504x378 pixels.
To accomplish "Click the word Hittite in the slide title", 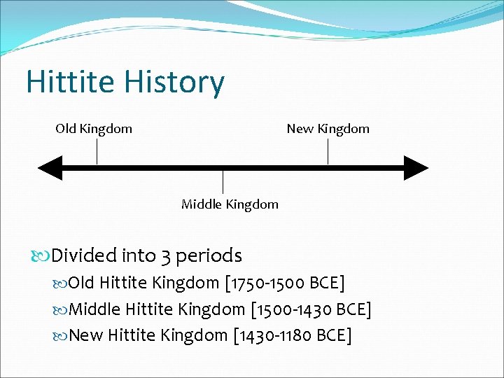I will pos(70,83).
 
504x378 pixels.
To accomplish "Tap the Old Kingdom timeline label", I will pos(94,129).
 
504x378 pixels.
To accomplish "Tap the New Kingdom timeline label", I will pos(328,129).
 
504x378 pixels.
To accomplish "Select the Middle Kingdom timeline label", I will pos(230,204).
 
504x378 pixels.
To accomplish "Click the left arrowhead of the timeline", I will pos(49,168).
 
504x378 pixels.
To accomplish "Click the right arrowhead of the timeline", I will pos(416,168).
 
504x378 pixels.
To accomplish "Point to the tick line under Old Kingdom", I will pos(97,151).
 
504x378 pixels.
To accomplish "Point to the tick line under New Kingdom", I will pos(328,151).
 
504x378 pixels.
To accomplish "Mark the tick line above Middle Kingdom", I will pos(223,182).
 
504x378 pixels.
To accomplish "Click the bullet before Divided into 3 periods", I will pos(43,256).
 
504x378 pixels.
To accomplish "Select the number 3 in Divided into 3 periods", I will pos(165,256).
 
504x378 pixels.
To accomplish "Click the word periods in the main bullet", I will pos(209,256).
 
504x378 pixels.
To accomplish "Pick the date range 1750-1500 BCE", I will pos(286,283).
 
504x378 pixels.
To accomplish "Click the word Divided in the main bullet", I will pos(84,255).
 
